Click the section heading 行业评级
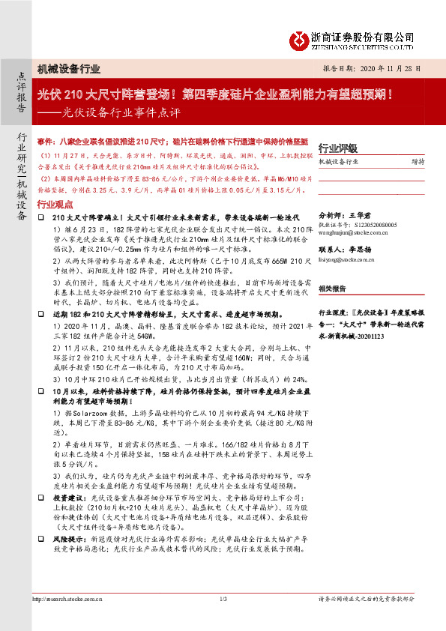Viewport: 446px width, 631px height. point(338,148)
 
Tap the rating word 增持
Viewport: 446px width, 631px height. point(418,161)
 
